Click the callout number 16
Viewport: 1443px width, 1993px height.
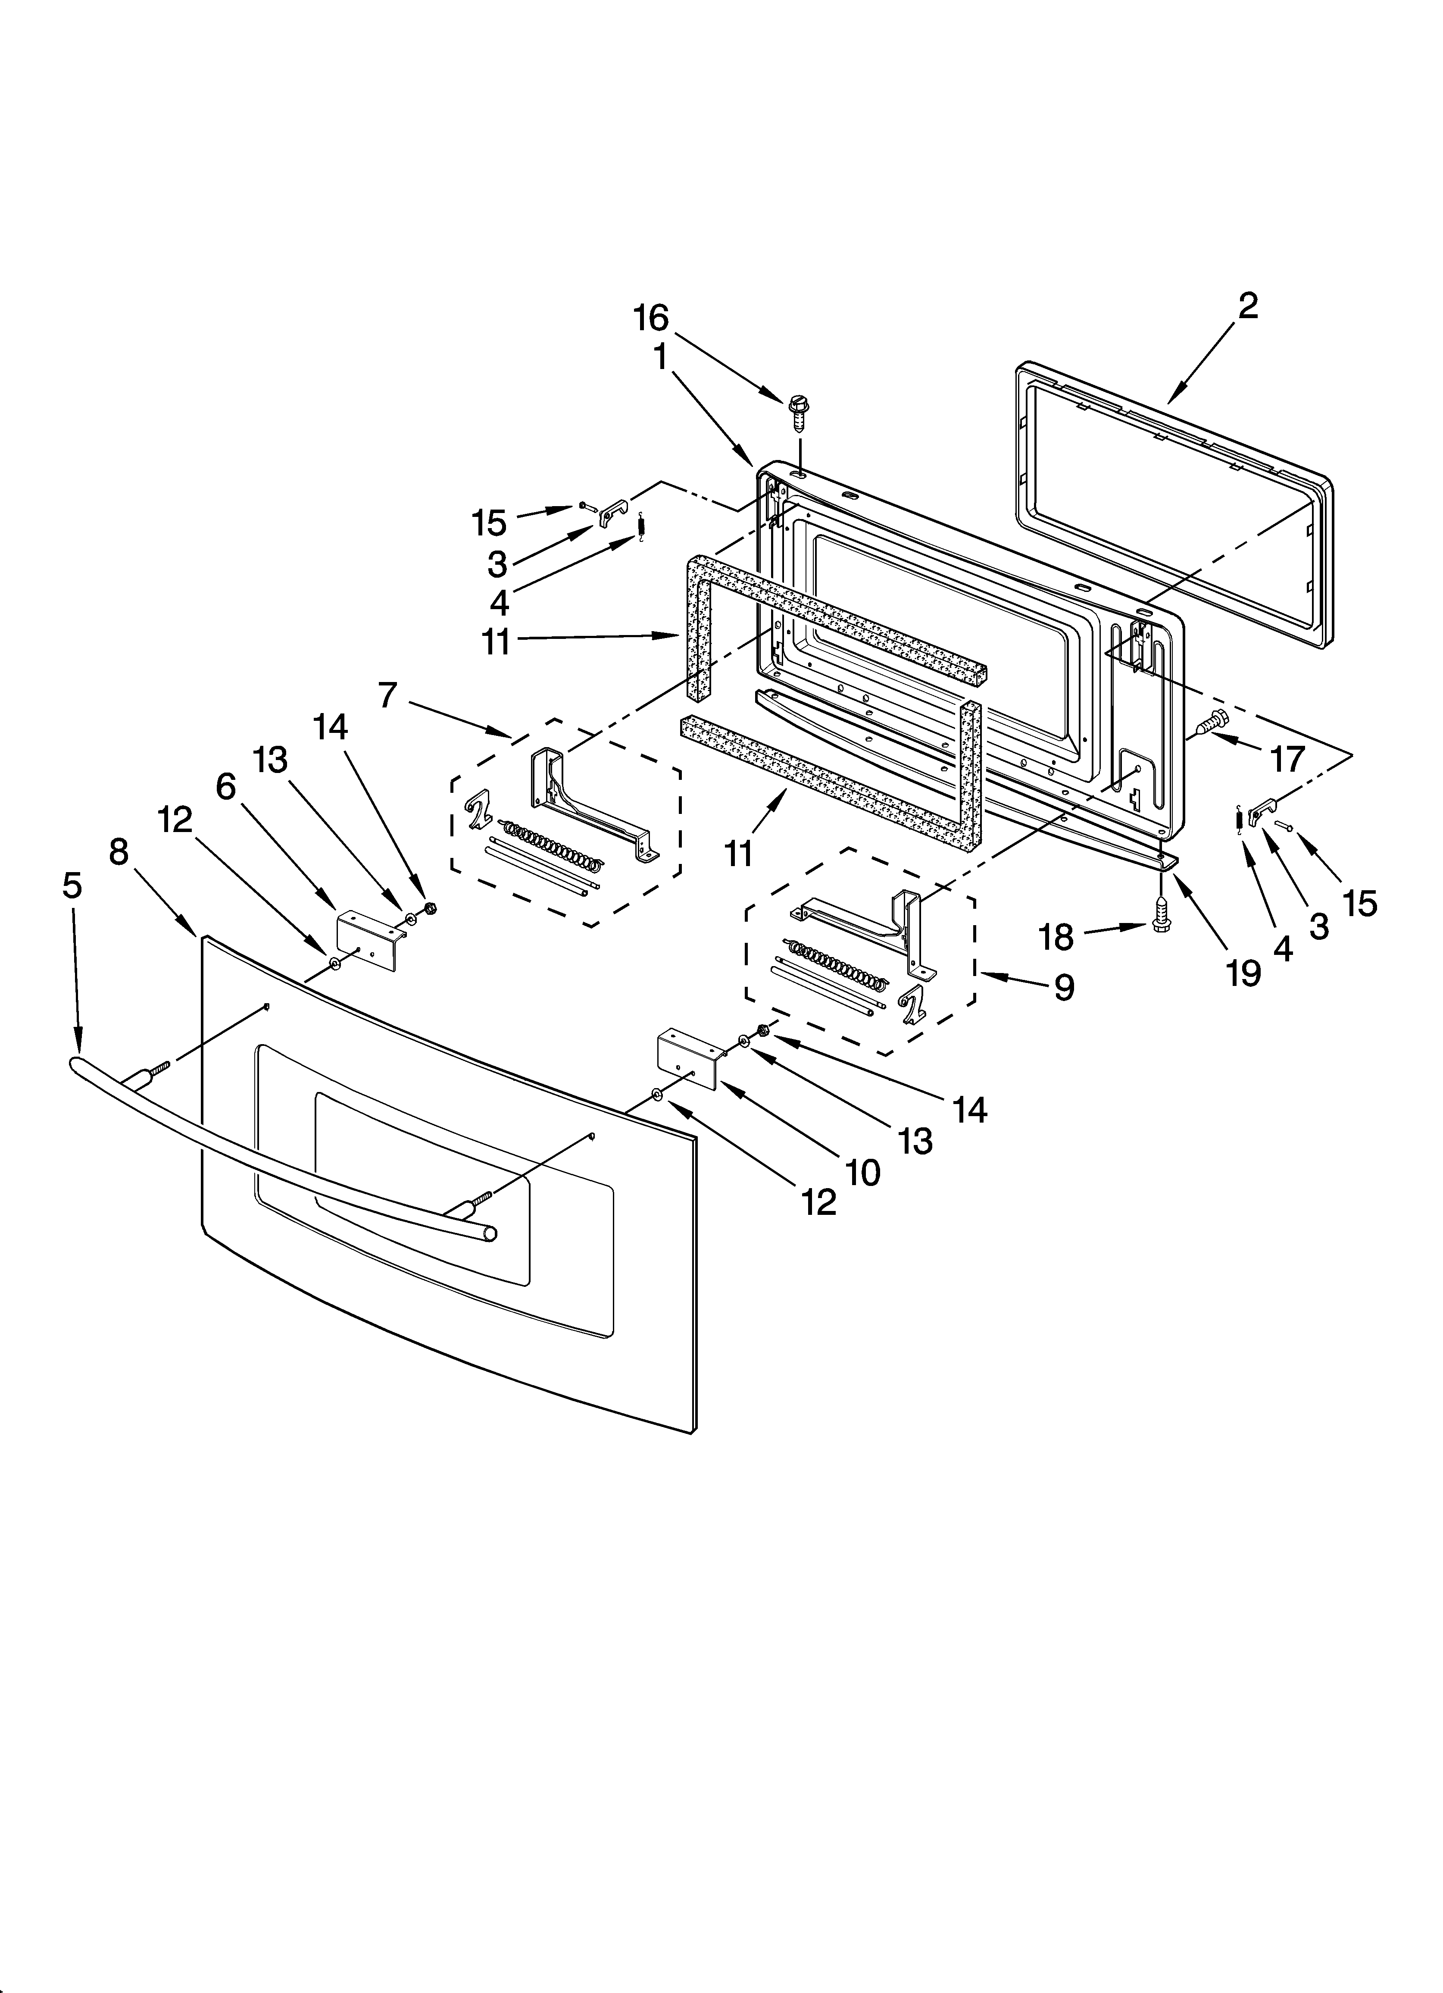(x=651, y=318)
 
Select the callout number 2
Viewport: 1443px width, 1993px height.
(x=1248, y=306)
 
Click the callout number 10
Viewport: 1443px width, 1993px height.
(x=864, y=1171)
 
